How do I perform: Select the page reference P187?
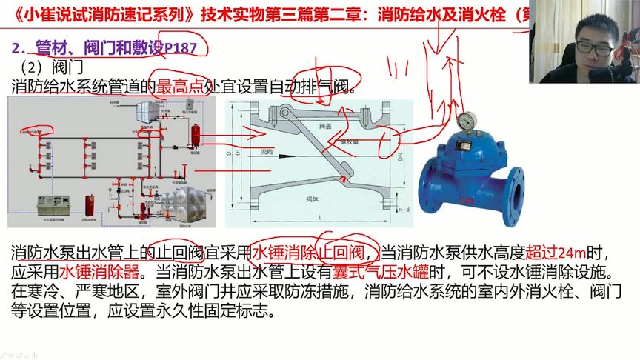181,47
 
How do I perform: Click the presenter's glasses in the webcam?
594,46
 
